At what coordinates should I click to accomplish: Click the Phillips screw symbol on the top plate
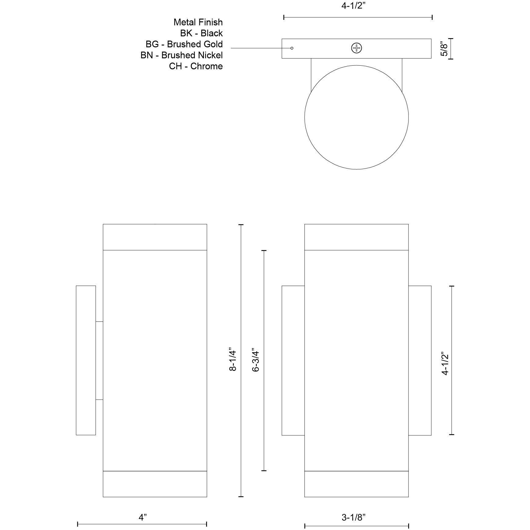point(357,48)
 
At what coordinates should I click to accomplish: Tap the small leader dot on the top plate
point(292,48)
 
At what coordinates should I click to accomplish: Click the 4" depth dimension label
point(143,517)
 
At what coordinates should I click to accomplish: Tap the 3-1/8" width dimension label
point(353,517)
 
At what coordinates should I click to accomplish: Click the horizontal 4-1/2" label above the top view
point(353,6)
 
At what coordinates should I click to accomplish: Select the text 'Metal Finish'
point(198,22)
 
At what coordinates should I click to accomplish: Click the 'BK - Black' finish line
point(201,33)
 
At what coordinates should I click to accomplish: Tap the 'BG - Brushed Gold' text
point(184,44)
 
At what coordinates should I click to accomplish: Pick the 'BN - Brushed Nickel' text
point(182,55)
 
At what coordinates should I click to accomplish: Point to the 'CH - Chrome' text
point(196,66)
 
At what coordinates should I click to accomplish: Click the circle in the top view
point(357,117)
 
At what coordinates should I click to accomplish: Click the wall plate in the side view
point(86,360)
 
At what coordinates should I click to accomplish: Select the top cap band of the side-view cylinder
point(155,237)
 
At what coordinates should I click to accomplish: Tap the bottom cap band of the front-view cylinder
point(357,484)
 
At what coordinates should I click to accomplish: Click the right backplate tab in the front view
point(420,360)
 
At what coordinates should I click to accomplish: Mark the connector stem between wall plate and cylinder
point(99,360)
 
